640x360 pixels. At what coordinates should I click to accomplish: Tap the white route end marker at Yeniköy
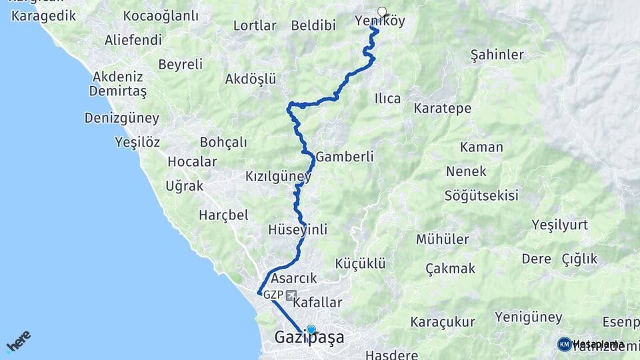pos(382,11)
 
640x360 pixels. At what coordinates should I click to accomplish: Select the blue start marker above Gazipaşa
pos(311,329)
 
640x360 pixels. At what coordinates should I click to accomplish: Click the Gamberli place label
pos(344,156)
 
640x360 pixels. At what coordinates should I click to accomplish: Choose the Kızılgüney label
pos(278,177)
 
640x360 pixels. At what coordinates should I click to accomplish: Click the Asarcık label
pos(293,278)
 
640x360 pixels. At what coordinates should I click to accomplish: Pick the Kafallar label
pos(317,303)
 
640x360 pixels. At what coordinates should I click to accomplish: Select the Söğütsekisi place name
pos(482,195)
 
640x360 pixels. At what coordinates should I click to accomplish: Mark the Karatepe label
pos(442,108)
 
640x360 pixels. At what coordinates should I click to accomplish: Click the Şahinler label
pos(497,55)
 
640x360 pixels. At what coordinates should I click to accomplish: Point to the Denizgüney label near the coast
pos(122,118)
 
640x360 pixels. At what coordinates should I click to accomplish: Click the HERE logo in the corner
pos(18,341)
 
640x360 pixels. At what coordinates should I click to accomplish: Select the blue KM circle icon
pos(565,344)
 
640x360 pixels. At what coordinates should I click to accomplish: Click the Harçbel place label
pos(223,215)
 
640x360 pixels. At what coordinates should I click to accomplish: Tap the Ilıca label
pos(387,99)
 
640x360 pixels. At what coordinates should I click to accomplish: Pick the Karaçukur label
pos(442,322)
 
